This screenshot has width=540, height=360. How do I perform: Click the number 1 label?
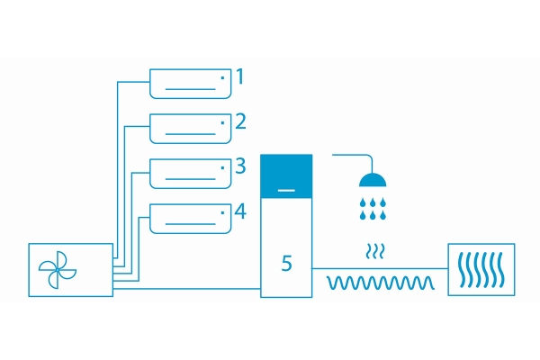[240, 76]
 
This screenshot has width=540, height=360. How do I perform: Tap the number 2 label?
[240, 121]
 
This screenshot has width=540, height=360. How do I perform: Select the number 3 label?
[240, 166]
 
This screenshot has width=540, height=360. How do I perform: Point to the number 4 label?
[240, 211]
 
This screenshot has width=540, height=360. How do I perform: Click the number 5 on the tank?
[286, 264]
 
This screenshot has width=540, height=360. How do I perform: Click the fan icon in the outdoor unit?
[58, 270]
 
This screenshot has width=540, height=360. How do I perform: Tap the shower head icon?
[373, 180]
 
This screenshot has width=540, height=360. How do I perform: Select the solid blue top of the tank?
[286, 176]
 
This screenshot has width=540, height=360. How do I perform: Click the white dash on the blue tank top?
[286, 190]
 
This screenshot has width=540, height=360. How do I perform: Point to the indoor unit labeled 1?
[191, 84]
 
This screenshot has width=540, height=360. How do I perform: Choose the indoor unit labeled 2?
[191, 129]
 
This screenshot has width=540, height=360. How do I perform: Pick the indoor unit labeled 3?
[191, 174]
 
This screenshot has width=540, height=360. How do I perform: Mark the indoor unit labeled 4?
[191, 219]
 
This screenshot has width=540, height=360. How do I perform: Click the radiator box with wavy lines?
[481, 269]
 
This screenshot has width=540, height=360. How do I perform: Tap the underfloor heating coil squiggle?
[380, 283]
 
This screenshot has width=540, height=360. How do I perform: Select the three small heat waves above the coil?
[374, 251]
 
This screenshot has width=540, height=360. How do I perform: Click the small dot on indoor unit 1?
[222, 78]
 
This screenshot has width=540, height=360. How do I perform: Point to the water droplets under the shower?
[373, 209]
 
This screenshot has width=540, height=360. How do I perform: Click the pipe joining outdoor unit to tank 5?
[186, 289]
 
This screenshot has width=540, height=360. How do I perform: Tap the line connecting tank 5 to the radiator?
[380, 268]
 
